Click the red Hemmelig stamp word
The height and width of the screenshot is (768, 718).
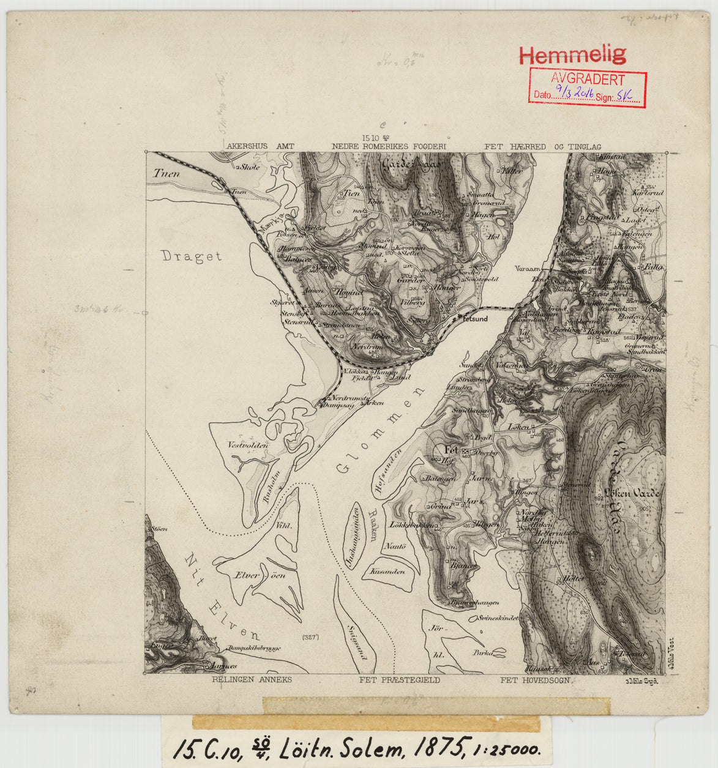[572, 55]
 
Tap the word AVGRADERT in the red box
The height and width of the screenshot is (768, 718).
[587, 80]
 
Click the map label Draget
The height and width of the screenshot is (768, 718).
[192, 256]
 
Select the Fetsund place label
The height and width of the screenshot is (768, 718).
[474, 319]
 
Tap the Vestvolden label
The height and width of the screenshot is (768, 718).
[248, 445]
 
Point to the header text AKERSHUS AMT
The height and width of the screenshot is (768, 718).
[260, 147]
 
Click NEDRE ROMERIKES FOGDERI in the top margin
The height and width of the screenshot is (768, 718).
[389, 147]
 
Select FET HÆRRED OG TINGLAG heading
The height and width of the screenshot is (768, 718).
[542, 147]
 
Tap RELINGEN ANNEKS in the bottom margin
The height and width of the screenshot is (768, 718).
[252, 679]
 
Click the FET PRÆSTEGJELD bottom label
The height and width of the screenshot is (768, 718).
[399, 679]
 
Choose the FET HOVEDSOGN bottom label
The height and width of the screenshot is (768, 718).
[535, 679]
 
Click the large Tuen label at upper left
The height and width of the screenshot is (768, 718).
[166, 174]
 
